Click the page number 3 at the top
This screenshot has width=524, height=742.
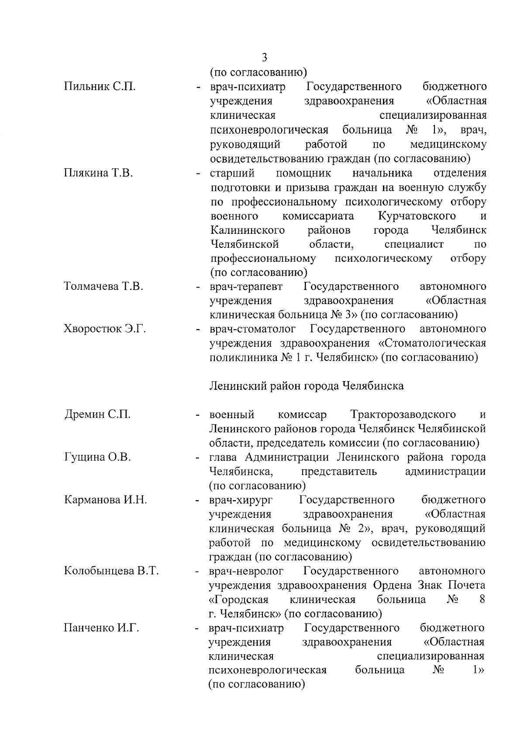tap(264, 57)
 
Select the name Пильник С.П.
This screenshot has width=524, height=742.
tap(100, 87)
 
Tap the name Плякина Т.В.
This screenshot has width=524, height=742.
tap(98, 173)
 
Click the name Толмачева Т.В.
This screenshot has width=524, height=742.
tap(103, 287)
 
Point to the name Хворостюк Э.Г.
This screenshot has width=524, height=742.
tap(105, 329)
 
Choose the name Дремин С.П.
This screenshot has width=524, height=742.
tap(97, 414)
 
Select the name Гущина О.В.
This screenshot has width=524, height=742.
tap(97, 457)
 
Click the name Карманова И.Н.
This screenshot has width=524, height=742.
tap(105, 500)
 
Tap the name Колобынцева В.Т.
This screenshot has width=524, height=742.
tap(111, 571)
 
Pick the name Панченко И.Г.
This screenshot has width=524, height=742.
tap(101, 628)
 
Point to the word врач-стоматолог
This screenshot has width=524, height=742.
tap(253, 329)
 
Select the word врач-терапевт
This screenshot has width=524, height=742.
tap(246, 287)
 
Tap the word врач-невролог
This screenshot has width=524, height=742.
tap(246, 571)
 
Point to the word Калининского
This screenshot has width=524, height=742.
tap(248, 230)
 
